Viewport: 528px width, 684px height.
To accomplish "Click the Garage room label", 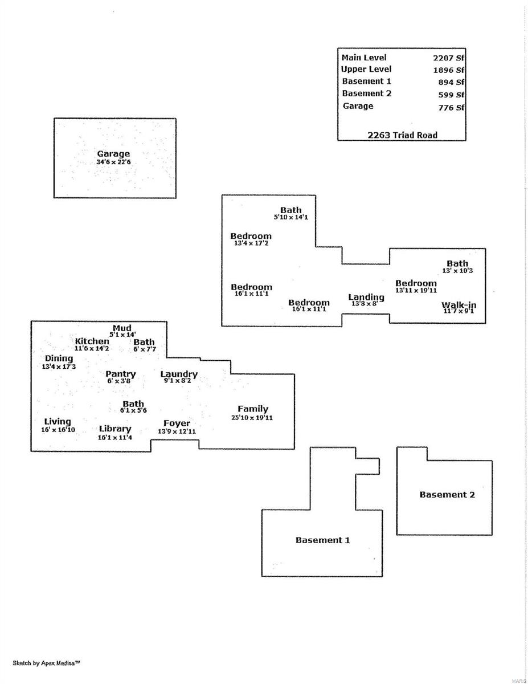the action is pyautogui.click(x=113, y=153).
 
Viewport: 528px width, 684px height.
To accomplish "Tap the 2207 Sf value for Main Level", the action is pyautogui.click(x=448, y=58).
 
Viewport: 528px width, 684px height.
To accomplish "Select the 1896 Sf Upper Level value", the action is pyautogui.click(x=448, y=70).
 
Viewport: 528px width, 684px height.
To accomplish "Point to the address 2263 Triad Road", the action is pyautogui.click(x=402, y=135).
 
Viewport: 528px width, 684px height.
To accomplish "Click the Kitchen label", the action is pyautogui.click(x=92, y=341).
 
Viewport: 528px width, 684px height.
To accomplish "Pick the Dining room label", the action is pyautogui.click(x=59, y=359).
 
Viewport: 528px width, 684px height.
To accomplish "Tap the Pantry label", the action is pyautogui.click(x=120, y=374).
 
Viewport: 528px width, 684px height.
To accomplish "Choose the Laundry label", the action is pyautogui.click(x=179, y=374).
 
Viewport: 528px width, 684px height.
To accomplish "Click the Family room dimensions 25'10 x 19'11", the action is pyautogui.click(x=252, y=418).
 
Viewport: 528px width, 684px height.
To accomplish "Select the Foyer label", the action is pyautogui.click(x=177, y=424).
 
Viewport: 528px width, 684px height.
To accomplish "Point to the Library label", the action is pyautogui.click(x=115, y=429).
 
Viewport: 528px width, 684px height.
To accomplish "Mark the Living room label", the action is pyautogui.click(x=58, y=421).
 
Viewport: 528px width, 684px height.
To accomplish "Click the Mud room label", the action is pyautogui.click(x=122, y=328).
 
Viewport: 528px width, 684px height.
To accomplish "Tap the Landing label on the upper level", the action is pyautogui.click(x=366, y=298).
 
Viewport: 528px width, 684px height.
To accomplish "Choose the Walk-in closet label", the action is pyautogui.click(x=459, y=305).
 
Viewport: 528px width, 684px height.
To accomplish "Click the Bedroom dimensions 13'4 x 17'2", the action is pyautogui.click(x=251, y=243).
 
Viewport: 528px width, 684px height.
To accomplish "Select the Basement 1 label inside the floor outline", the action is pyautogui.click(x=322, y=540).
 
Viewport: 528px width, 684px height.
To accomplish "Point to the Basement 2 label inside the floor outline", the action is pyautogui.click(x=447, y=495).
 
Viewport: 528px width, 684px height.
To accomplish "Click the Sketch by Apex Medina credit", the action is pyautogui.click(x=46, y=663).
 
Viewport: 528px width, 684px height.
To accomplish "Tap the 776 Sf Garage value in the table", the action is pyautogui.click(x=451, y=108).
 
